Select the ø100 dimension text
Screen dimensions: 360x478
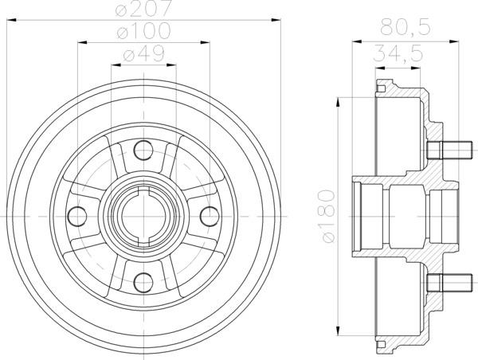144,32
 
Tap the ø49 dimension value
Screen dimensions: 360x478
144,55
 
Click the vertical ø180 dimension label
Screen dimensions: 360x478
323,214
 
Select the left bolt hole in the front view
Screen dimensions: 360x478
77,215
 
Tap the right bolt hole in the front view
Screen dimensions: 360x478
210,215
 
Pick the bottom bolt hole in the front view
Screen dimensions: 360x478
144,281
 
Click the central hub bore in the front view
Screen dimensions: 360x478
144,215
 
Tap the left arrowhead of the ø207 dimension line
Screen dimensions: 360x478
12,18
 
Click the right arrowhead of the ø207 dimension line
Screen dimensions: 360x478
276,18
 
